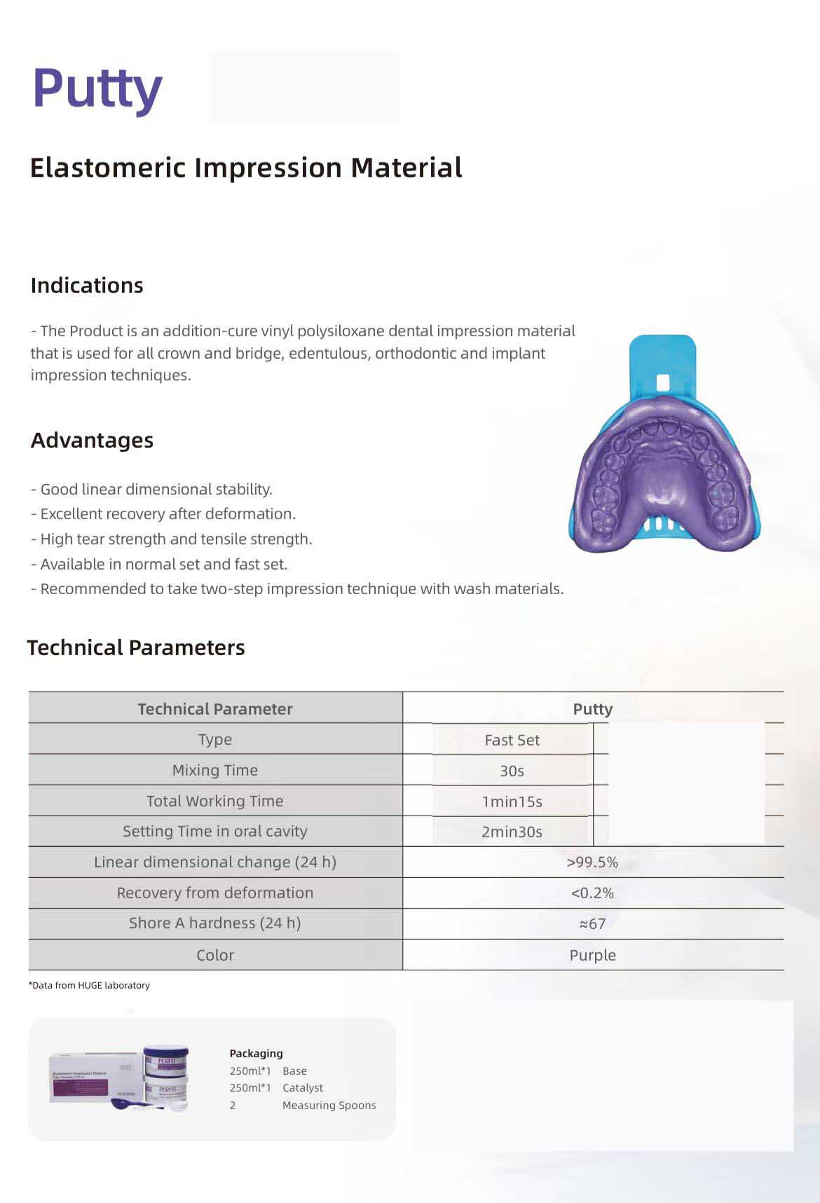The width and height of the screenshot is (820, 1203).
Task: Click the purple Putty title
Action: coord(97,89)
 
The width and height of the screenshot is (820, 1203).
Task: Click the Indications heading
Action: coord(87,286)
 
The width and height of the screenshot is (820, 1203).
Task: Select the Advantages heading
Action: coord(92,441)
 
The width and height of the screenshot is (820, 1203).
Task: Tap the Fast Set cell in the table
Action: coord(512,740)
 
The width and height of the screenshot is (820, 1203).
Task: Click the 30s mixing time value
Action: coord(512,771)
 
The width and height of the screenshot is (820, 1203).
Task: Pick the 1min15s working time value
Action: coord(512,802)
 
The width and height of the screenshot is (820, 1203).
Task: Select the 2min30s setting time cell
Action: coord(512,832)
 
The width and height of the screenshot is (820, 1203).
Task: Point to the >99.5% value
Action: coord(592,862)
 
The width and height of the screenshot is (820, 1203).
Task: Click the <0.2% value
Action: coord(592,893)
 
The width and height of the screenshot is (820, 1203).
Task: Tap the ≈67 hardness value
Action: coord(592,924)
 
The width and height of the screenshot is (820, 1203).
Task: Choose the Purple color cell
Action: coord(592,955)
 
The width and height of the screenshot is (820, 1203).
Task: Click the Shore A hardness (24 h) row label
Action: coord(214,923)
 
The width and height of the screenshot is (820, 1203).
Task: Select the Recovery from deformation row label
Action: coord(214,893)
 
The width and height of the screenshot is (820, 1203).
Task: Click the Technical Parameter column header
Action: coord(214,709)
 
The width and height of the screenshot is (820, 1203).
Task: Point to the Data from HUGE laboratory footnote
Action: coord(89,985)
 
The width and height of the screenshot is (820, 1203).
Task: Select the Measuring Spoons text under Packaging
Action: coord(329,1106)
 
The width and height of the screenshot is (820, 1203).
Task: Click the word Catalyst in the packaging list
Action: coord(303,1088)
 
